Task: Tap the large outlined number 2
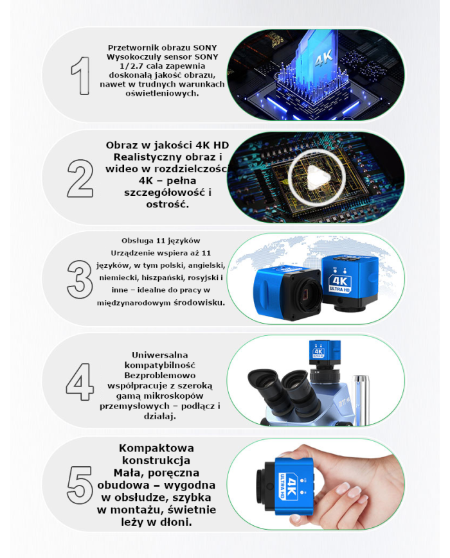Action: click(x=80, y=177)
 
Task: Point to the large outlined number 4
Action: click(x=80, y=381)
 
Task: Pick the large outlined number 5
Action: click(x=80, y=483)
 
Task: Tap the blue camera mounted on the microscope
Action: click(x=318, y=353)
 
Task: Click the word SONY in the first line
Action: click(x=204, y=48)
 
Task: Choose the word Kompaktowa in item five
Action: click(x=157, y=448)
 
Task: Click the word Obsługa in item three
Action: click(x=136, y=241)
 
